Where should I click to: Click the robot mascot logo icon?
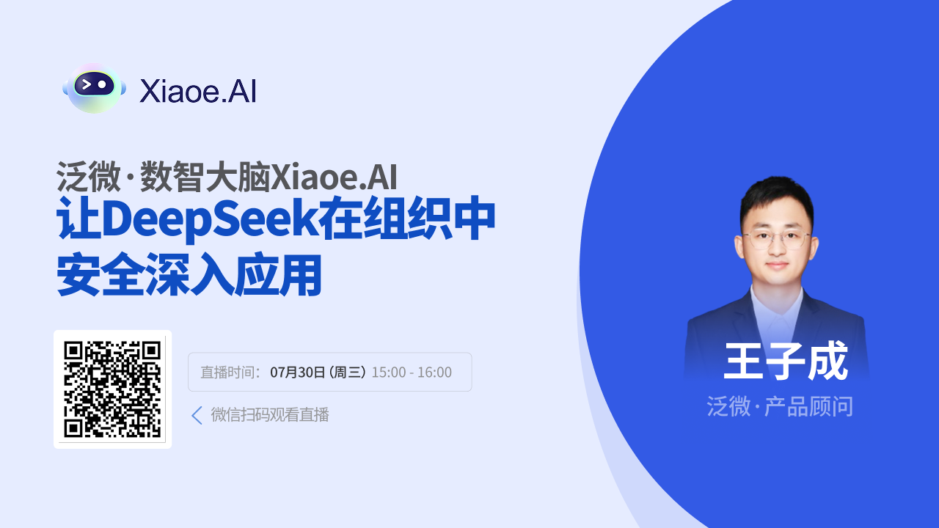pyautogui.click(x=95, y=88)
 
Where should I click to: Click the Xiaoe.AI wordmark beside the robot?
pyautogui.click(x=197, y=91)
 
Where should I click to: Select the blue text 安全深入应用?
pyautogui.click(x=189, y=274)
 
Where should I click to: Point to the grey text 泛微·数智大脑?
pyautogui.click(x=164, y=177)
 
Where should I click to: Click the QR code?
pyautogui.click(x=112, y=389)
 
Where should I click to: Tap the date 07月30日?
pyautogui.click(x=297, y=372)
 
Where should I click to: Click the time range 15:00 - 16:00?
pyautogui.click(x=412, y=372)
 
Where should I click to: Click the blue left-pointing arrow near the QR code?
pyautogui.click(x=197, y=415)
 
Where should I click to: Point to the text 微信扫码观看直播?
pyautogui.click(x=270, y=415)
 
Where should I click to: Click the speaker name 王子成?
pyautogui.click(x=786, y=361)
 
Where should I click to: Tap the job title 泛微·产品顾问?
pyautogui.click(x=780, y=406)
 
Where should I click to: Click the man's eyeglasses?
pyautogui.click(x=775, y=239)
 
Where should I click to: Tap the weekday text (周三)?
pyautogui.click(x=348, y=372)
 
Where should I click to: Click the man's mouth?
pyautogui.click(x=777, y=265)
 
